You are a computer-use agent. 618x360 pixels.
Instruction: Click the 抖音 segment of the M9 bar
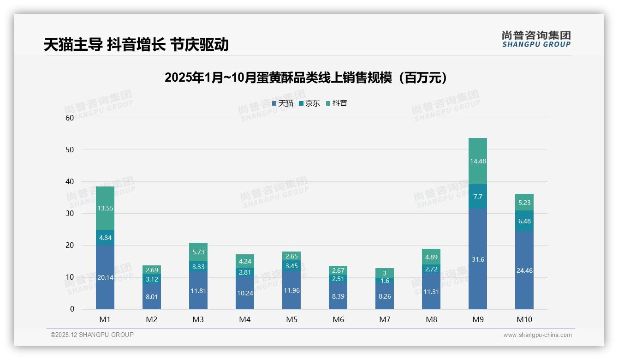point(477,161)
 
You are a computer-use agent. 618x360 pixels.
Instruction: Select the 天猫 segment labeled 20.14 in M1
point(105,277)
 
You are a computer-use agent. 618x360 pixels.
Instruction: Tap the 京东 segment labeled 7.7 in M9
point(477,196)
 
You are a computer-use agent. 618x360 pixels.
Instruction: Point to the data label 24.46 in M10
point(524,270)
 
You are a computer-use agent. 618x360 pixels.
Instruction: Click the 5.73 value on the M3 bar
point(198,252)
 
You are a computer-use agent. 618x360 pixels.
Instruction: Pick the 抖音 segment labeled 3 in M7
point(384,273)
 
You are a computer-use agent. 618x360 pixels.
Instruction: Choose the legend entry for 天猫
point(283,103)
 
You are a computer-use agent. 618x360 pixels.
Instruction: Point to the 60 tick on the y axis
point(70,118)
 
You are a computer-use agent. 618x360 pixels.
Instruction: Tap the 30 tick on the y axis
point(70,213)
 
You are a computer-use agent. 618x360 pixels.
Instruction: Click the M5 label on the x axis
point(291,319)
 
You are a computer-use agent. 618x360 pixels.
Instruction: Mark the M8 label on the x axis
point(431,319)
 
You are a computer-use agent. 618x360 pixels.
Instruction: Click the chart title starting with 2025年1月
point(306,78)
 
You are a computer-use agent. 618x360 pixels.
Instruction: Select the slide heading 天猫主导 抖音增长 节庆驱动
point(136,44)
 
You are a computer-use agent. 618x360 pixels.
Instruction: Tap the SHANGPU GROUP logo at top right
point(536,39)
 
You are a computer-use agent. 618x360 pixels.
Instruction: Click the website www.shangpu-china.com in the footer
point(537,335)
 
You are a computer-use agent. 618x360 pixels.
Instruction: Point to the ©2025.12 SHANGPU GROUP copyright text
point(92,335)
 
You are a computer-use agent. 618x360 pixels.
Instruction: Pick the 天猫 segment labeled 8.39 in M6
point(338,296)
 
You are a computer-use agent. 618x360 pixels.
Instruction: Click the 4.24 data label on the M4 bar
point(245,261)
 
